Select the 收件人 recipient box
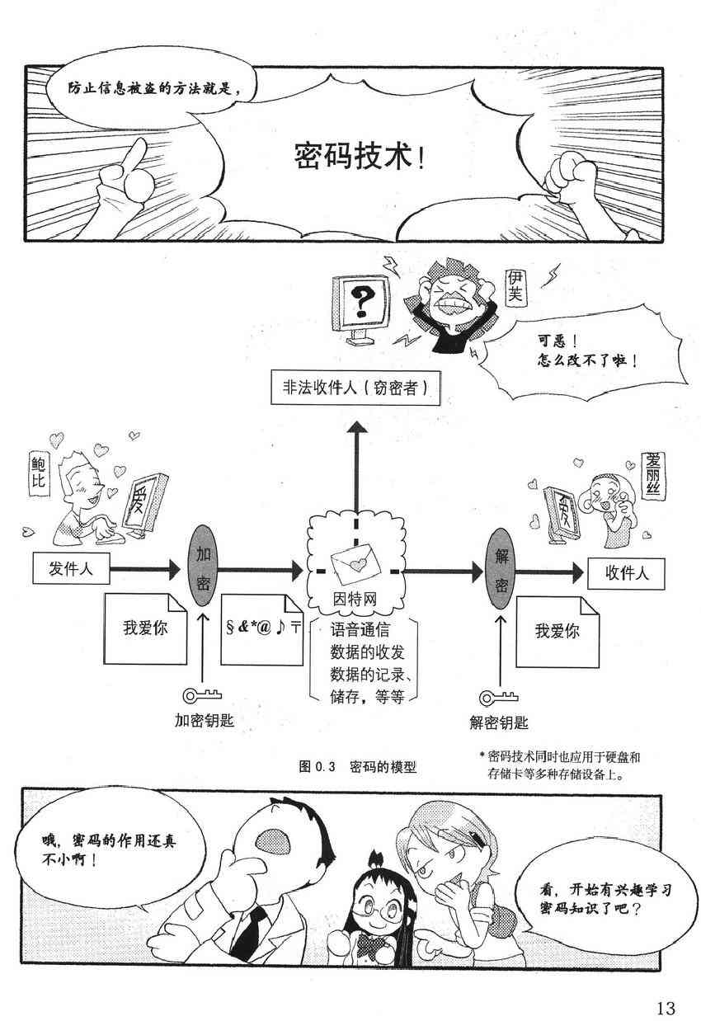[x=627, y=573]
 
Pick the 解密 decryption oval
[x=501, y=569]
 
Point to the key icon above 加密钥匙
[x=198, y=694]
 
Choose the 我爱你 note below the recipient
[x=557, y=632]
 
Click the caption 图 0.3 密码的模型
[x=358, y=766]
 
